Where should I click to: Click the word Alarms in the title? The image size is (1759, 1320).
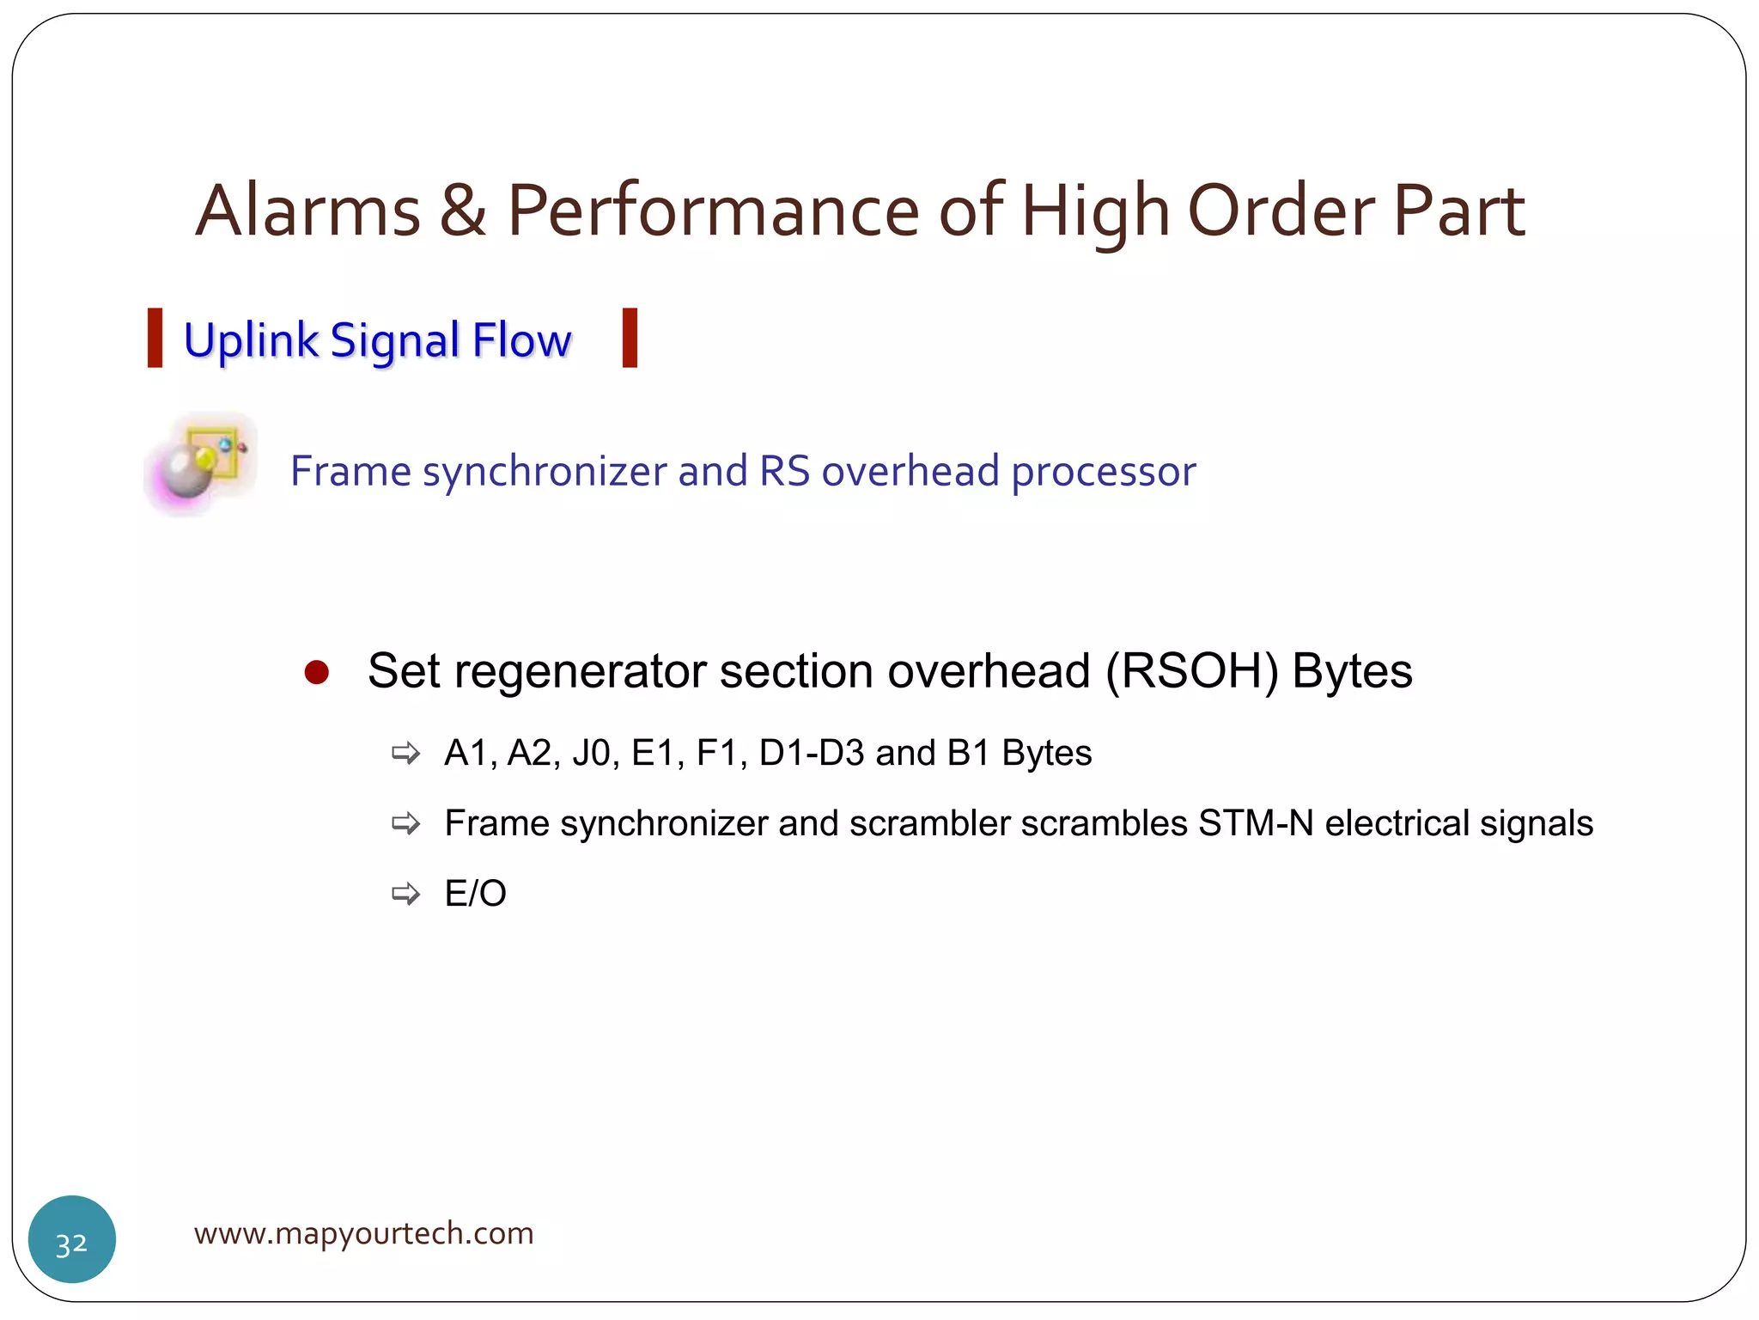pyautogui.click(x=307, y=211)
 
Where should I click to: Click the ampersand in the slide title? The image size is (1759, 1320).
pyautogui.click(x=463, y=211)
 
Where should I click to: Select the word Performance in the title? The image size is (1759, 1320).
pyautogui.click(x=713, y=211)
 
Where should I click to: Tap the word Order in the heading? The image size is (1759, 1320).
pyautogui.click(x=1280, y=211)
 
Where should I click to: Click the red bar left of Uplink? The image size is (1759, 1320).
pyautogui.click(x=155, y=339)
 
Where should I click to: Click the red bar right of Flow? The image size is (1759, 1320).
pyautogui.click(x=630, y=339)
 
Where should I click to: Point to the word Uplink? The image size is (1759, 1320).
pyautogui.click(x=251, y=341)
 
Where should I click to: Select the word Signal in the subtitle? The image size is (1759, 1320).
pyautogui.click(x=395, y=341)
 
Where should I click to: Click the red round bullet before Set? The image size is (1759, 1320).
pyautogui.click(x=316, y=672)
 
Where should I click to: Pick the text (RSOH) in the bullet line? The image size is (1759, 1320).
pyautogui.click(x=1191, y=671)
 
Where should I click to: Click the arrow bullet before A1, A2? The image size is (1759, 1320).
pyautogui.click(x=405, y=754)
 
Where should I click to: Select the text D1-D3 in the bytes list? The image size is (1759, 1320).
pyautogui.click(x=811, y=753)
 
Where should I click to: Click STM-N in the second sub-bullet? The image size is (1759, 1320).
pyautogui.click(x=1255, y=823)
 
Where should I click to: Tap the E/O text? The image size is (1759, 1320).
pyautogui.click(x=475, y=894)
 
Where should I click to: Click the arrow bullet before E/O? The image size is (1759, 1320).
pyautogui.click(x=405, y=894)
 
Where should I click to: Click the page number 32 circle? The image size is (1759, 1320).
pyautogui.click(x=72, y=1239)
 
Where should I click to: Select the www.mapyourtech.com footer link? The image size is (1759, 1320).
pyautogui.click(x=363, y=1233)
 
